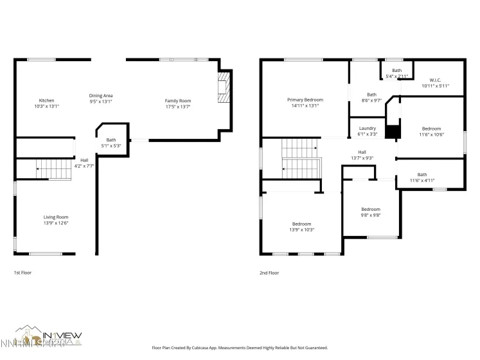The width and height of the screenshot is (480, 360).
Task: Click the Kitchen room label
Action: pyautogui.click(x=46, y=100)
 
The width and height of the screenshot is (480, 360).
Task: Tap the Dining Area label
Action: pyautogui.click(x=100, y=95)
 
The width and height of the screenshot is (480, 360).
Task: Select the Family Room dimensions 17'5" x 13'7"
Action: pyautogui.click(x=178, y=106)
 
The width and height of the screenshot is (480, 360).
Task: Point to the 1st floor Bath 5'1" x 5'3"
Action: pyautogui.click(x=111, y=143)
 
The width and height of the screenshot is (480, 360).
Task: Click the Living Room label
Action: pyautogui.click(x=56, y=217)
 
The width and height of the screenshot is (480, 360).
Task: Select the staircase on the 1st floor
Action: pyautogui.click(x=53, y=170)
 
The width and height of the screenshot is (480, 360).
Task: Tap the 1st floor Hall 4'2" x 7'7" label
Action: pyautogui.click(x=84, y=163)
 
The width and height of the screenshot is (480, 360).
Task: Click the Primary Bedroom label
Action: pyautogui.click(x=305, y=100)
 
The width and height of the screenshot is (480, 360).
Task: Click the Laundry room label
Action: pyautogui.click(x=367, y=128)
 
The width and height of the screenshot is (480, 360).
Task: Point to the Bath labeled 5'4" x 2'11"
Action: pyautogui.click(x=396, y=73)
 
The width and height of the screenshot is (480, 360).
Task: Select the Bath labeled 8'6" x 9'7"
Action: pyautogui.click(x=371, y=97)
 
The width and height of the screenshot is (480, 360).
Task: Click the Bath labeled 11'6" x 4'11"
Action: pyautogui.click(x=422, y=177)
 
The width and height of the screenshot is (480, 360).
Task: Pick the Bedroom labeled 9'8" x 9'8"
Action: pyautogui.click(x=370, y=212)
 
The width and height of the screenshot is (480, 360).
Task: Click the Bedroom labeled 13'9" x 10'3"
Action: pyautogui.click(x=301, y=226)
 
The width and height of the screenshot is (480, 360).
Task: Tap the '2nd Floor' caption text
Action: pyautogui.click(x=269, y=273)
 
